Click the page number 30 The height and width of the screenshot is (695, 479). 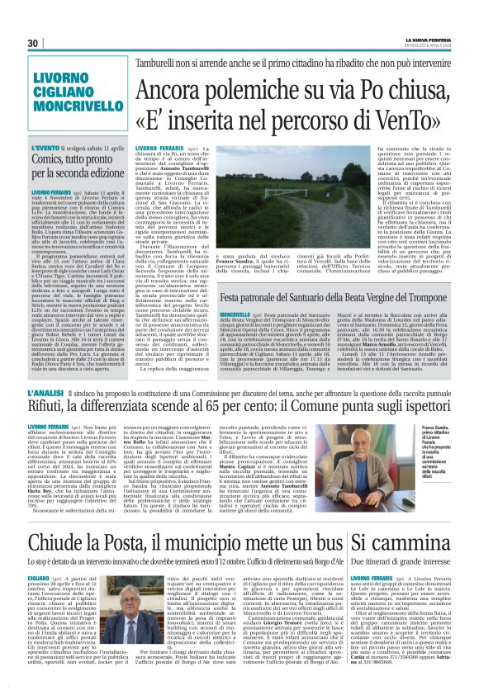[34, 43]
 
